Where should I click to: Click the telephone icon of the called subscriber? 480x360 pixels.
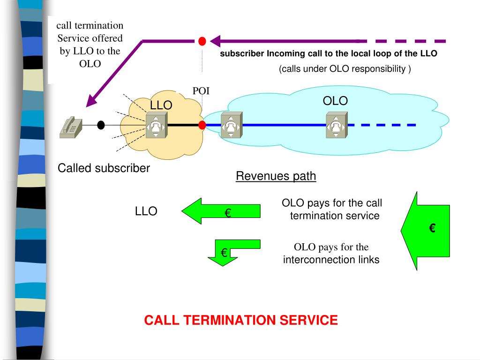click(71, 127)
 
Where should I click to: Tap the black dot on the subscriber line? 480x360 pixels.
click(101, 125)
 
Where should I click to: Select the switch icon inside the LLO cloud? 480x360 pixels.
click(157, 125)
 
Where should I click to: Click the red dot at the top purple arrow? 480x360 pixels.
click(202, 41)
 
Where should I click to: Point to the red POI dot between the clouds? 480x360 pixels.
click(202, 125)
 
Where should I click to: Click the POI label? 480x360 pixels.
click(201, 91)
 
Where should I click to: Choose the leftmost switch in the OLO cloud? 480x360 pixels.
click(232, 125)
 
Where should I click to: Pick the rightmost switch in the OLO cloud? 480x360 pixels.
click(337, 125)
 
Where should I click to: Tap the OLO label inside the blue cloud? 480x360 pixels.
click(335, 101)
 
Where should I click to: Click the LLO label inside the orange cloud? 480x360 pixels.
click(161, 105)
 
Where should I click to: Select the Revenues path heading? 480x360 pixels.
click(276, 176)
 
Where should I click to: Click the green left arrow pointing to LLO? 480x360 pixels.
click(221, 211)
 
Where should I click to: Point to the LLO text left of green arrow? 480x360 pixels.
click(146, 211)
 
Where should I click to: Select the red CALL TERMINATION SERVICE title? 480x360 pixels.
click(241, 320)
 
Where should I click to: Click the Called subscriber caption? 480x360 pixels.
click(104, 168)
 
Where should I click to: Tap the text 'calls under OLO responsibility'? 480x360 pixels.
click(344, 68)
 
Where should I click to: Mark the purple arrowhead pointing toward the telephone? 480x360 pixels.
click(92, 100)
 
